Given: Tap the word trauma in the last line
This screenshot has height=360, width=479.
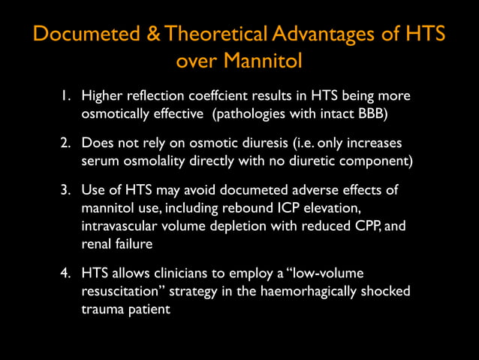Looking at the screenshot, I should [x=103, y=307].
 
